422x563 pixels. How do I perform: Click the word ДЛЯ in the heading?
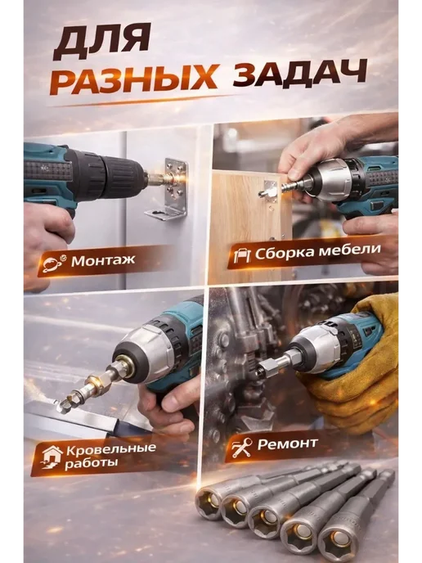click(101, 43)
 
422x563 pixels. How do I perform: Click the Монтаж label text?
click(103, 260)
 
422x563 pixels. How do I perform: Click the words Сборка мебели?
click(317, 251)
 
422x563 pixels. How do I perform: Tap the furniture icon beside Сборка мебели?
click(242, 255)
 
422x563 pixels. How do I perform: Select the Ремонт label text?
click(287, 444)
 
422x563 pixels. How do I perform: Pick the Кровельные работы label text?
click(110, 455)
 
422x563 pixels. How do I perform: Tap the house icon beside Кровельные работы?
click(52, 457)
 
